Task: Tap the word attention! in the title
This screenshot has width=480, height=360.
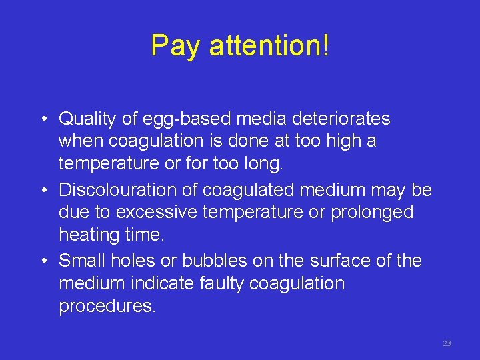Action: (269, 46)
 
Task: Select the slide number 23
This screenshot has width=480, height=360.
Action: (447, 343)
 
